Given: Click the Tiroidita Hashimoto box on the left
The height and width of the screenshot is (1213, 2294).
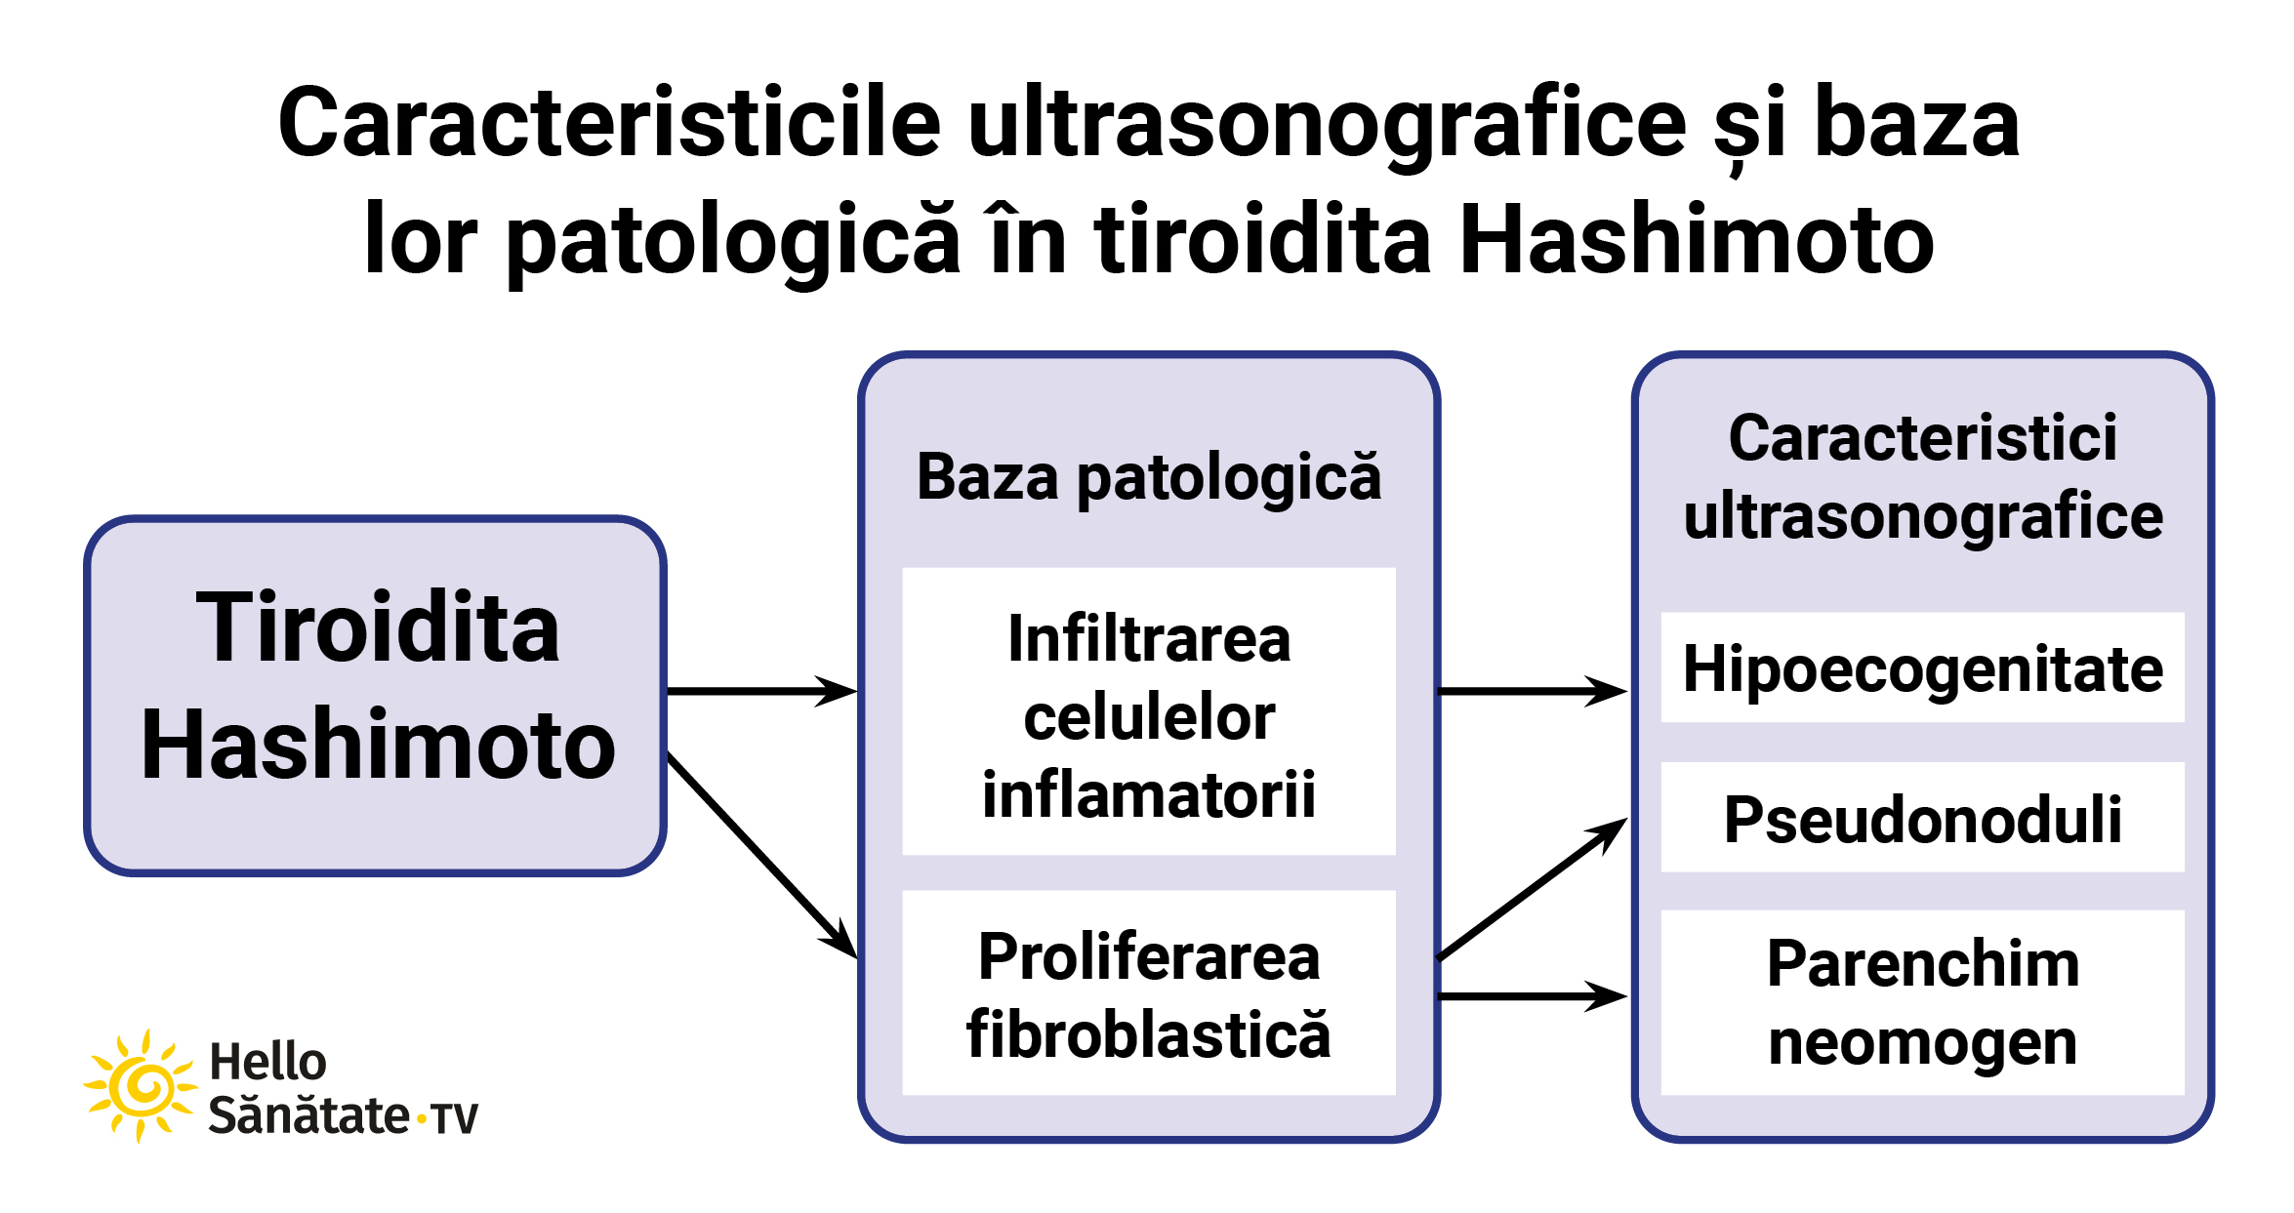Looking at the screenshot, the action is [x=376, y=695].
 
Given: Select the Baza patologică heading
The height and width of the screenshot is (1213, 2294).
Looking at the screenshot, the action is [x=1149, y=478].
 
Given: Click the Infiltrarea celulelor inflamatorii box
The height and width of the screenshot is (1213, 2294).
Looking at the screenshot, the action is [x=1149, y=711].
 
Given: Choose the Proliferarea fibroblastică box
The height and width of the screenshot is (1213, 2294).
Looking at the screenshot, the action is [x=1149, y=992].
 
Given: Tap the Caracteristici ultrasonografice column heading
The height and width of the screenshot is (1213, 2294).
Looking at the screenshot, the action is [x=1923, y=478].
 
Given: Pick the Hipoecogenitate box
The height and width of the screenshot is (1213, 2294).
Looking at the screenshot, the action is [x=1923, y=667].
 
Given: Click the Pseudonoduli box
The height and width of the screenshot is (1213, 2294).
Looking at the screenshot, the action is [x=1923, y=817].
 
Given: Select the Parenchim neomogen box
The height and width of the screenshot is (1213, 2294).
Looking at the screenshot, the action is [x=1923, y=1002].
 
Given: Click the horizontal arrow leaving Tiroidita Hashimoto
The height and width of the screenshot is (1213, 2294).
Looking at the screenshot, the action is [x=762, y=691].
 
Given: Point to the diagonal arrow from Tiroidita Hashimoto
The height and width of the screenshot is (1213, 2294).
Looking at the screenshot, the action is [x=762, y=856].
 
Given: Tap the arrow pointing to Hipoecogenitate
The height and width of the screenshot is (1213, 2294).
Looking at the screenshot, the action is [x=1534, y=691].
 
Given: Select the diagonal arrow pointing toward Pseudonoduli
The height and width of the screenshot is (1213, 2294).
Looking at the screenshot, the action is [x=1534, y=889].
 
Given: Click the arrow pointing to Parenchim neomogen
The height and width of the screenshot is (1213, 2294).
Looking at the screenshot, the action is [x=1534, y=996].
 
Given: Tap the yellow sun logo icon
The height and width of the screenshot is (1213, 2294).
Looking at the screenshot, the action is [x=141, y=1085].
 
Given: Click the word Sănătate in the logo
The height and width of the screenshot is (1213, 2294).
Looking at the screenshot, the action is [x=309, y=1114].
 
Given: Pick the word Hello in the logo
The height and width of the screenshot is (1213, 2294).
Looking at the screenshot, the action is [x=267, y=1061].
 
